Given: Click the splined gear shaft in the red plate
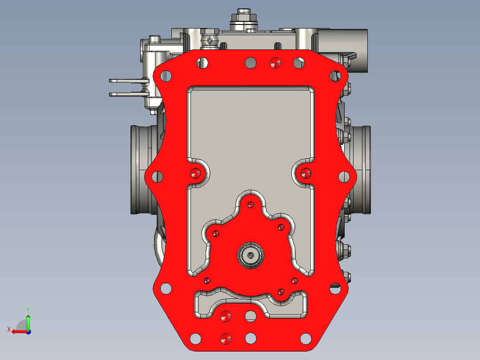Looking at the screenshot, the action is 251,255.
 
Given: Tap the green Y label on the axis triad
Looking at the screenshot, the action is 28,310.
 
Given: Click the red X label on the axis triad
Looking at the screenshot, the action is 9,330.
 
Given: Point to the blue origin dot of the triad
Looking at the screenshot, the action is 28,332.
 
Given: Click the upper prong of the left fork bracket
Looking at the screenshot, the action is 129,81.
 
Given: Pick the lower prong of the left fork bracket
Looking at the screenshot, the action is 129,94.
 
